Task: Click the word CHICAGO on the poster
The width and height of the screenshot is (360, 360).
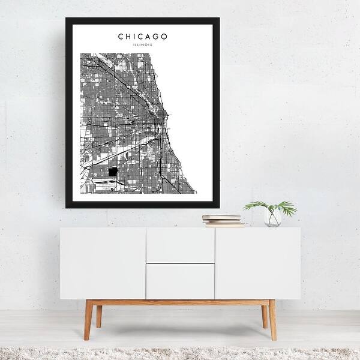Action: coord(143,37)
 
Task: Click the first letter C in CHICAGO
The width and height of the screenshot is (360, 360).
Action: coord(121,37)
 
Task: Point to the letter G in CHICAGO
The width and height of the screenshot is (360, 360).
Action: coord(156,37)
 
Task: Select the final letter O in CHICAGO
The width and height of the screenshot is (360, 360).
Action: coord(165,37)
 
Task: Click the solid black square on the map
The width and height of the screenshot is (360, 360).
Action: coord(114,172)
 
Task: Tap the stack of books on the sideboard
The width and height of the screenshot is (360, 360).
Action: coord(223,220)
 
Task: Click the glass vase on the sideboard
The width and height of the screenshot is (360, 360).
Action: coord(272,218)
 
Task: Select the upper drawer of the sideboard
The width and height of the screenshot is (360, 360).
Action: coord(180,245)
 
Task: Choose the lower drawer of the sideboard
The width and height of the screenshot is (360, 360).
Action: coord(180,281)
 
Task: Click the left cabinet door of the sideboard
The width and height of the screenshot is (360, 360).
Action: coord(103,263)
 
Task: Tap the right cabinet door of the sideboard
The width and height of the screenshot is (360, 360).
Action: coord(257,263)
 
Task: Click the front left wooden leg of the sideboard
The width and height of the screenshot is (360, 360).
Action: coord(88,320)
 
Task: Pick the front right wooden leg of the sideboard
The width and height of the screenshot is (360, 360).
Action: coord(272,320)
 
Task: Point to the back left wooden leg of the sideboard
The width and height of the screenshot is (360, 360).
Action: coord(99,316)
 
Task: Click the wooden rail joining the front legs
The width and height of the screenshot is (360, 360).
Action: coord(180,302)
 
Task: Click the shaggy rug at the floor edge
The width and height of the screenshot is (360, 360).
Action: coord(180,353)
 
